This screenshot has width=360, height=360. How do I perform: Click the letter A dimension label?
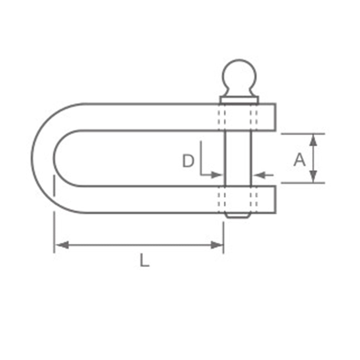pyautogui.click(x=299, y=160)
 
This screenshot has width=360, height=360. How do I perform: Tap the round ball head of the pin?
pyautogui.click(x=239, y=76)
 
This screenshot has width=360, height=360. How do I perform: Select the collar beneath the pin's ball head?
pyautogui.click(x=239, y=100)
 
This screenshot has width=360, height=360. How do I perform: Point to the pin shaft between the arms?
pyautogui.click(x=238, y=158)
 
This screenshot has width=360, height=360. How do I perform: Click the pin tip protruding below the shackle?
pyautogui.click(x=238, y=215)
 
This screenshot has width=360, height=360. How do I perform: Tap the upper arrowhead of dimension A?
pyautogui.click(x=314, y=140)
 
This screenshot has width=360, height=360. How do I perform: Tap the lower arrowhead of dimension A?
pyautogui.click(x=314, y=176)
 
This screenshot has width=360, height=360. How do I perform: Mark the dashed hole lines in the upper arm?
pyautogui.click(x=238, y=117)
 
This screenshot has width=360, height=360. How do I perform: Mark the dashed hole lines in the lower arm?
pyautogui.click(x=238, y=199)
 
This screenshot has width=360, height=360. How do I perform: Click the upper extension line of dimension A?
pyautogui.click(x=302, y=134)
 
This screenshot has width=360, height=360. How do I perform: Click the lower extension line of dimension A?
pyautogui.click(x=302, y=183)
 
